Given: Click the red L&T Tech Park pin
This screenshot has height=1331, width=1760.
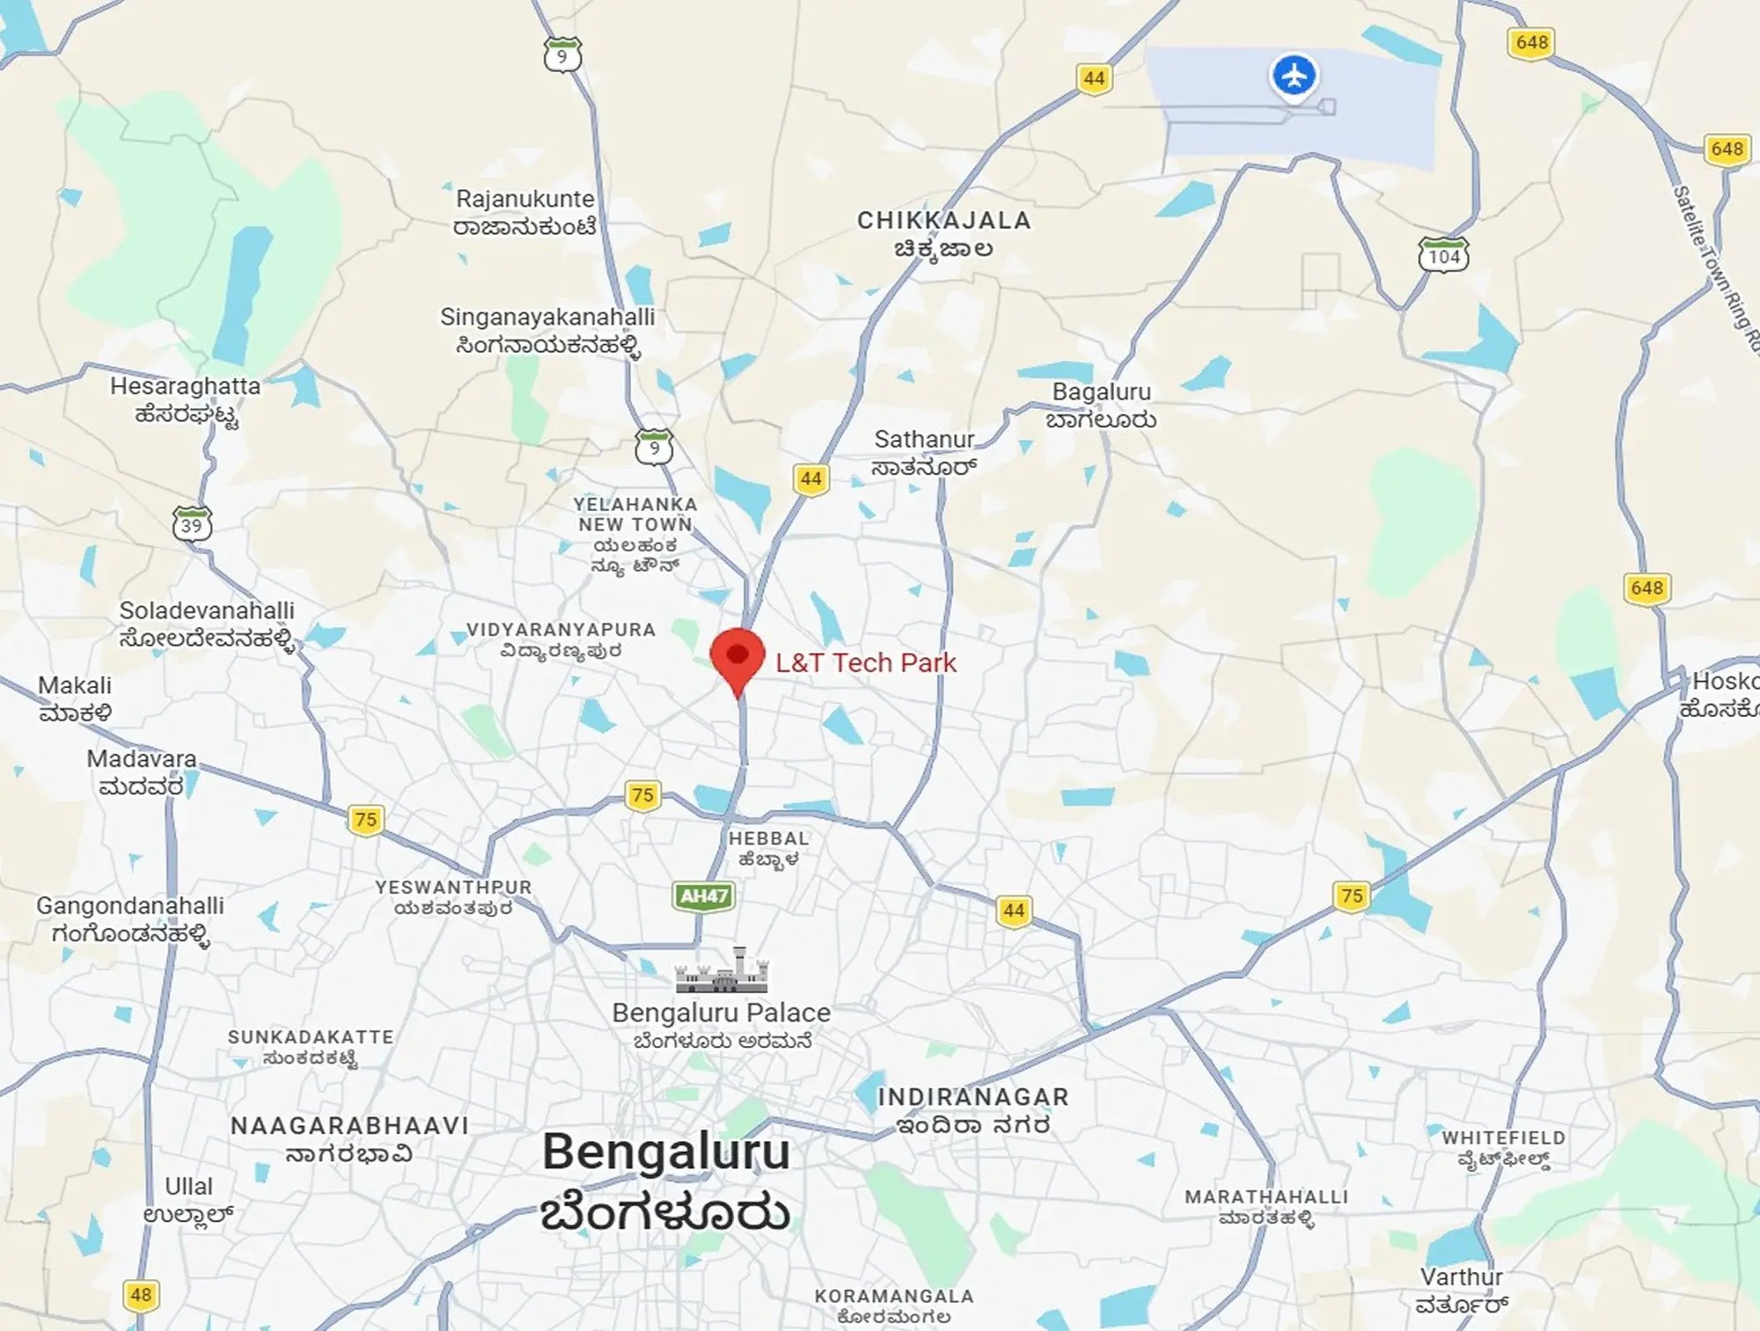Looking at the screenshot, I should coord(737,658).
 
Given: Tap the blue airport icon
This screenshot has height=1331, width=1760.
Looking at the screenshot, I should coord(1294,76).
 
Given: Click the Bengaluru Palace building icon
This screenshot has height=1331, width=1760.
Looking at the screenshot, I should coord(722,971).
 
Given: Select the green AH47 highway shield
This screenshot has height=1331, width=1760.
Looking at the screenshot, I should coord(704,896).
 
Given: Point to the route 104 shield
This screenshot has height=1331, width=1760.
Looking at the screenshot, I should coord(1444,255).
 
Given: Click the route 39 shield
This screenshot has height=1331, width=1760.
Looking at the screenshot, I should coord(192,524).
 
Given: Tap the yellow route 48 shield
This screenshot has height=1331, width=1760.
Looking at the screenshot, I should coord(141,1295).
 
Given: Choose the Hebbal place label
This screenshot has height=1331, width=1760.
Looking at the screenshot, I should coord(768,848).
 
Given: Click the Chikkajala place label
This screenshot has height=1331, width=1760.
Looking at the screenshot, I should coord(944,233).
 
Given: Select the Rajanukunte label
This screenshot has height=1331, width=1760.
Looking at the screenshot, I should coord(525,212).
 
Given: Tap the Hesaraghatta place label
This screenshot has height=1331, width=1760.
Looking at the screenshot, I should coord(186,399).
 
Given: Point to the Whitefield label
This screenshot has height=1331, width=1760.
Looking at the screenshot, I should coord(1503,1148).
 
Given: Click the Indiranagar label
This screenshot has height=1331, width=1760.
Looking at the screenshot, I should coord(973,1110).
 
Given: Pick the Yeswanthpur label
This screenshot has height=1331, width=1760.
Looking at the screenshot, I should coord(453,897).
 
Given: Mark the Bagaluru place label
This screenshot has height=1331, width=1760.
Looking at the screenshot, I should coord(1101,405).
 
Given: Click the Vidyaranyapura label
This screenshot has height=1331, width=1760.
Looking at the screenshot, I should coord(561,640).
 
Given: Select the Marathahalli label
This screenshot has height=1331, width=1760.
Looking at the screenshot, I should coord(1266,1207).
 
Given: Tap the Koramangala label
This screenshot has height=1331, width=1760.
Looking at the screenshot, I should coord(894,1305).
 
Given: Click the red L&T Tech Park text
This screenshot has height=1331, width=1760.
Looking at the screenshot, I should coord(866,662).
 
